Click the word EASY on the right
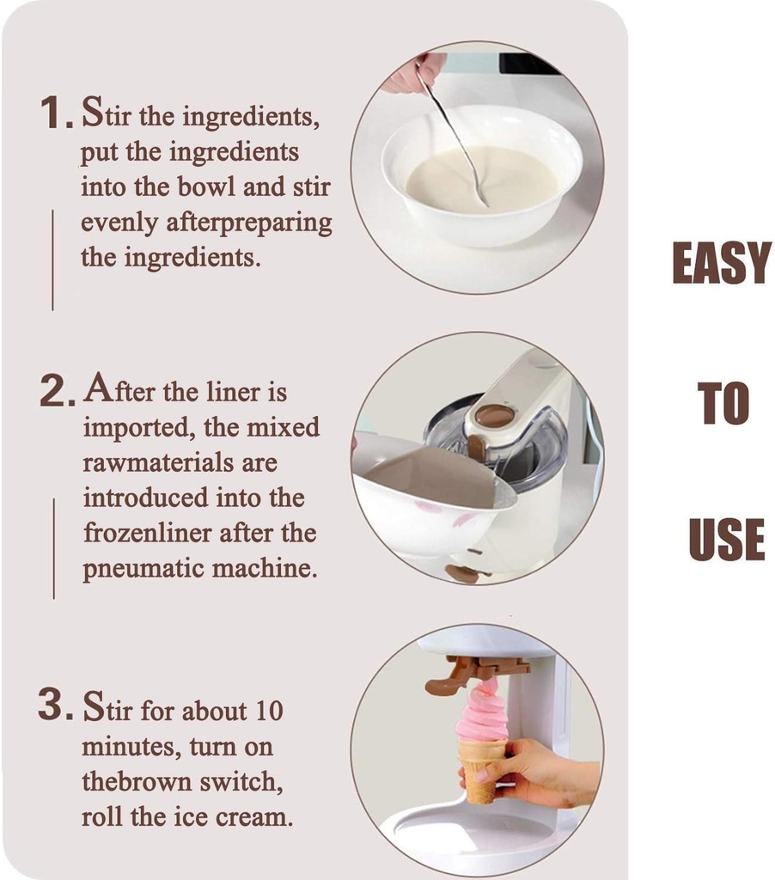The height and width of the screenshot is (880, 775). point(720,264)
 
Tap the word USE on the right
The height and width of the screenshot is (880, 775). point(726,540)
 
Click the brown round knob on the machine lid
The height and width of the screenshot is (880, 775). point(494,416)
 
